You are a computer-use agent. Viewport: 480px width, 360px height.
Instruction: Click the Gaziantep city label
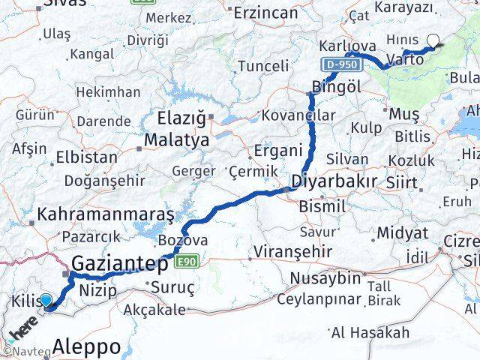coord(120,263)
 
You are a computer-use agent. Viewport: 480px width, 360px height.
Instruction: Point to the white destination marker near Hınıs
coord(433,42)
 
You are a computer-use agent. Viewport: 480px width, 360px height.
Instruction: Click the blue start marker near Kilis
coord(46,301)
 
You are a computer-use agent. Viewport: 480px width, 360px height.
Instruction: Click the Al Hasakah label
coord(370,332)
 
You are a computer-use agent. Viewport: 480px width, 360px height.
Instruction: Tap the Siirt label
coord(402,181)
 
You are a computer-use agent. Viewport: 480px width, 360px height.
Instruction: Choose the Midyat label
coord(402,232)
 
